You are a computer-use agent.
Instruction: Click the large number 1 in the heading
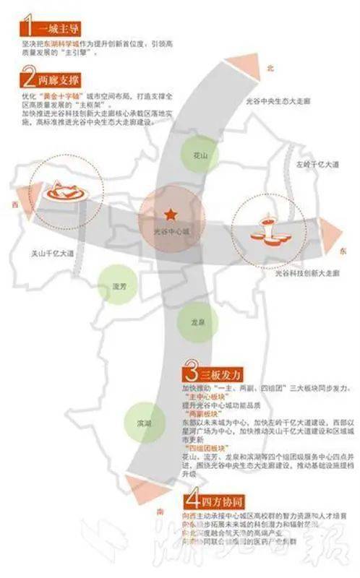click(x=27, y=28)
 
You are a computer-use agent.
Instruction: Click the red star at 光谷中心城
click(x=170, y=214)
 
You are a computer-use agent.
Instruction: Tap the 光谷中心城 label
click(x=171, y=232)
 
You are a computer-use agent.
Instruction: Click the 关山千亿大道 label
click(x=53, y=254)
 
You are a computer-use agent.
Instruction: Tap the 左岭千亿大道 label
click(x=317, y=165)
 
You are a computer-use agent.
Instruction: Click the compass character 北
click(x=270, y=69)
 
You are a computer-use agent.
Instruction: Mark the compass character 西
click(x=14, y=204)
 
